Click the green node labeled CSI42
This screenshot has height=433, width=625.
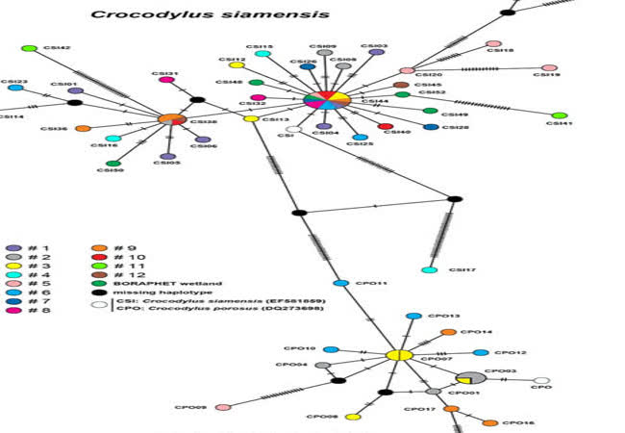[x=29, y=49]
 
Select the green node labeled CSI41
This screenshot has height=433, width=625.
[x=560, y=116]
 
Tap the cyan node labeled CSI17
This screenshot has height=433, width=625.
[x=430, y=269]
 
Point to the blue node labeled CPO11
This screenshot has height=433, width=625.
[x=339, y=283]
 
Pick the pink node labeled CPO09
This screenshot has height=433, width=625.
[x=223, y=407]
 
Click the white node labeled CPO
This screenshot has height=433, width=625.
[x=541, y=381]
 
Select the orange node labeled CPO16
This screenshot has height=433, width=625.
[x=489, y=423]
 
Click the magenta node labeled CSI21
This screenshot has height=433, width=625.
[x=166, y=80]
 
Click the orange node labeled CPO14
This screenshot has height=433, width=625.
[x=447, y=332]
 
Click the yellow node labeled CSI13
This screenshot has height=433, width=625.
[x=251, y=118]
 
